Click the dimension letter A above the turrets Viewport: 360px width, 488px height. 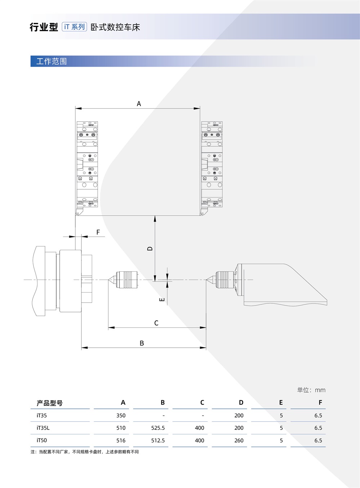139,104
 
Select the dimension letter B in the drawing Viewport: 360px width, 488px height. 141,343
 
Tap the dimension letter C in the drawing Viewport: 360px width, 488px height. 156,323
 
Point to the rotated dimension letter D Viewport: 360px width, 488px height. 150,249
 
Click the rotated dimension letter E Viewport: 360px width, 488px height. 162,299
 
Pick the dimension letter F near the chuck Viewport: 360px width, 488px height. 98,232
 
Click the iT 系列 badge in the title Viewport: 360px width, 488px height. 74,27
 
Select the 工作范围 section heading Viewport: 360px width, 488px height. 51,61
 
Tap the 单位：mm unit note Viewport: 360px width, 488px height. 311,390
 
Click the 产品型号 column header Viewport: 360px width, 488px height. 49,403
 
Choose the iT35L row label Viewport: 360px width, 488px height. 43,428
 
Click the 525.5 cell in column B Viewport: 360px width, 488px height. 158,428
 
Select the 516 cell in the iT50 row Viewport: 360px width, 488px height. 121,440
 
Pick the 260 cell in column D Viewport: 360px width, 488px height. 239,440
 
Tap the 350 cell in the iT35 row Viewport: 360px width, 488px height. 121,415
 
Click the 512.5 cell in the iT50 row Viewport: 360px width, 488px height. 158,440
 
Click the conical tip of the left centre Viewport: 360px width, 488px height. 109,280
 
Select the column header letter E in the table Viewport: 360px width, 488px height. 281,403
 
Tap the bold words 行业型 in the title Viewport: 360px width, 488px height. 44,27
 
